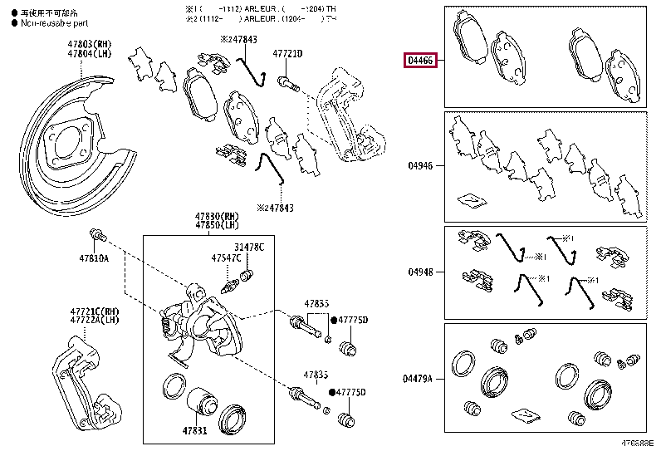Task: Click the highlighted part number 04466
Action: coord(419,60)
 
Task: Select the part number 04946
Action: coord(420,166)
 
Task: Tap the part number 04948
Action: coord(420,272)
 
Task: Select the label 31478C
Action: coord(249,248)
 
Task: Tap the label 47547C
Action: coord(226,258)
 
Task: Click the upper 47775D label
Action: coord(353,320)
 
